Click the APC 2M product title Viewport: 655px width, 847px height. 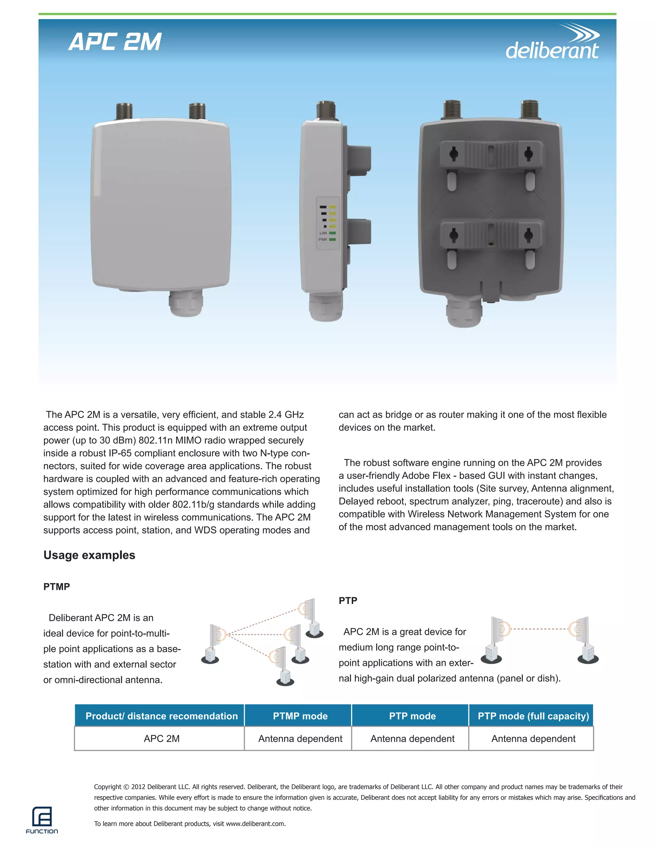point(115,42)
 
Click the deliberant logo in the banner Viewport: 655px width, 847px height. point(552,43)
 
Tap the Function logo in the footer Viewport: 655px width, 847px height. point(42,820)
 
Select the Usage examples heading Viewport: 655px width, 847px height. point(89,555)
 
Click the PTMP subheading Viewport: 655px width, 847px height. point(57,587)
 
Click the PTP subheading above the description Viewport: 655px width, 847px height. point(348,600)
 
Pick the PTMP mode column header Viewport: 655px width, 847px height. point(300,716)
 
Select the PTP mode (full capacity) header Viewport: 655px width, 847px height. point(533,716)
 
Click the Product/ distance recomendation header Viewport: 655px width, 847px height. point(162,716)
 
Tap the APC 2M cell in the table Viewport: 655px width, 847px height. point(162,738)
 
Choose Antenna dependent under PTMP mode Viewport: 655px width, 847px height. point(300,738)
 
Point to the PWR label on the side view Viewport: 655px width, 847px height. point(322,240)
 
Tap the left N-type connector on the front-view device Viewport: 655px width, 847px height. point(124,111)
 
